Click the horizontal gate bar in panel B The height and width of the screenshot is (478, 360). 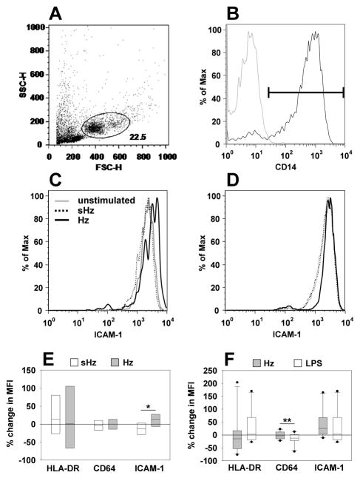305,92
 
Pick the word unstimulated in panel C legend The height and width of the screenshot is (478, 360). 101,201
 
